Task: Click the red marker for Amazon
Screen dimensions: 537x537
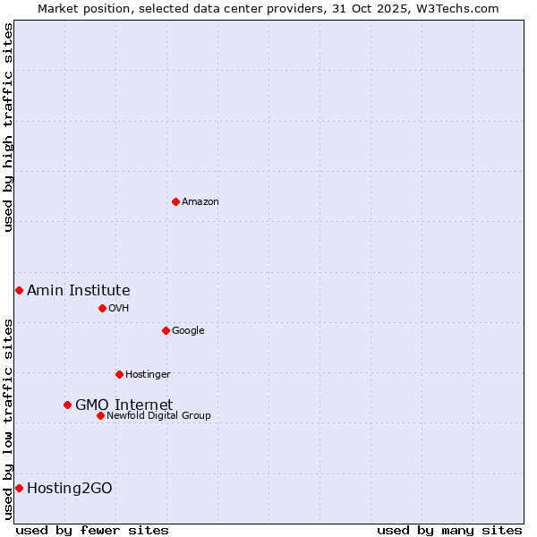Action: coord(175,201)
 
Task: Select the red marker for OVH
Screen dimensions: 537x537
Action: coord(102,308)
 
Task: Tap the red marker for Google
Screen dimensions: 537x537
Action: coord(166,330)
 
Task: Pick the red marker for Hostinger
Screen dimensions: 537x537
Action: coord(119,374)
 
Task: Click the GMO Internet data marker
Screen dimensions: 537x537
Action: coord(67,405)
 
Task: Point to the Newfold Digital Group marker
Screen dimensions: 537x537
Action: coord(100,415)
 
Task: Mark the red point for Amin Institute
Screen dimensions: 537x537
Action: coord(19,290)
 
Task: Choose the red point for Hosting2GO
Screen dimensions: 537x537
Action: coord(19,488)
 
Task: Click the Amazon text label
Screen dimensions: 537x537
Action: coord(200,202)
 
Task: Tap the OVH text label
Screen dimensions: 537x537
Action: coord(119,309)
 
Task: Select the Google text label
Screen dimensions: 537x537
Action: coord(188,331)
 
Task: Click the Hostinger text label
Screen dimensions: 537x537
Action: coord(148,375)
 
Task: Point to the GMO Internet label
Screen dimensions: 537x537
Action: coord(124,405)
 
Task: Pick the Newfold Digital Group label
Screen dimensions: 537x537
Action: coord(158,416)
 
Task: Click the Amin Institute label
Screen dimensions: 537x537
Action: coord(78,290)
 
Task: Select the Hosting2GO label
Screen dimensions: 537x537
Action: coord(69,488)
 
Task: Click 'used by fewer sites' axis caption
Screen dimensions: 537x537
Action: coord(92,530)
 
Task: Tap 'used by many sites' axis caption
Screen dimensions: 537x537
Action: coord(449,530)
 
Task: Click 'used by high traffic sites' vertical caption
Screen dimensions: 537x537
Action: coord(8,127)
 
